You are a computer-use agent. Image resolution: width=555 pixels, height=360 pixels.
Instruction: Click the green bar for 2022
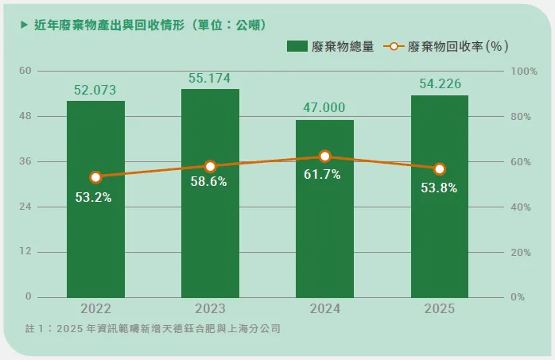point(95,199)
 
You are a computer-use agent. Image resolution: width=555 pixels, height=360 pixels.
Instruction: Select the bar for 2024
point(324,209)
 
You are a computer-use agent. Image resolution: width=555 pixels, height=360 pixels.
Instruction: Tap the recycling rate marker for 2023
point(210,166)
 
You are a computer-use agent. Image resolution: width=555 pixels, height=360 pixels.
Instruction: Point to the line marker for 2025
point(439,169)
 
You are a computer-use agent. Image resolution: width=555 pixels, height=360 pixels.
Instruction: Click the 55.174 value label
point(210,78)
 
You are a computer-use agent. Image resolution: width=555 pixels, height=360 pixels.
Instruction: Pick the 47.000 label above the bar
point(324,107)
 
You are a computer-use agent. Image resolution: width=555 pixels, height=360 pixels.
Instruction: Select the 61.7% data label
point(322,174)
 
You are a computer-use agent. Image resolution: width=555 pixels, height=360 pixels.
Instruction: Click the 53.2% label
point(94,197)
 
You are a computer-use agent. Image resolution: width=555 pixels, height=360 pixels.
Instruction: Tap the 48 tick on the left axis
point(25,116)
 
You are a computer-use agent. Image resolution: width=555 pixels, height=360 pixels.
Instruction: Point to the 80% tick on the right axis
point(521,117)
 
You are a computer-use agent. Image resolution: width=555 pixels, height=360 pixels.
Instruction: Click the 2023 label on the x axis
point(210,308)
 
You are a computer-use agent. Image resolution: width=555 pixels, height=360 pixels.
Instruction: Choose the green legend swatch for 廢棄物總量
point(297,46)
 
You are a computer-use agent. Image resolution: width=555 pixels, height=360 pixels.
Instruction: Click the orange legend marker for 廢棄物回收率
point(394,46)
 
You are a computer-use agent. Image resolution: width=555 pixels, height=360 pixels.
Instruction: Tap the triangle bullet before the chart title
point(24,25)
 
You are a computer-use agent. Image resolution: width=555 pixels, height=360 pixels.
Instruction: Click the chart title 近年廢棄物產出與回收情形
point(110,25)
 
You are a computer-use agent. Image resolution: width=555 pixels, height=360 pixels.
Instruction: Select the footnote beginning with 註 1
point(153,328)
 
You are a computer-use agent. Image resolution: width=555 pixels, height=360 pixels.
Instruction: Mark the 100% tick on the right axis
point(524,72)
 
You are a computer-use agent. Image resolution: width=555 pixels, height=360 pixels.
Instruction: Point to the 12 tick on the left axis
point(25,251)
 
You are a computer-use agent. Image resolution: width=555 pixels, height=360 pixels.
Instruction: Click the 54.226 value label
point(441,83)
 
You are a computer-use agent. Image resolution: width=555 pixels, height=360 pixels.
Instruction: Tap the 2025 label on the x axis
point(440,308)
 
